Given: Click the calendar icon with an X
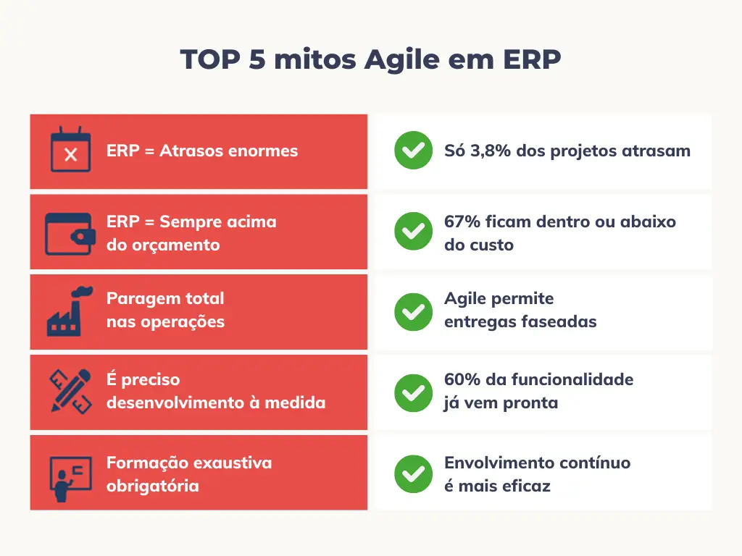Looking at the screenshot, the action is point(70,149).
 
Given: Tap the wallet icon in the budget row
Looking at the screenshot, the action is point(70,234).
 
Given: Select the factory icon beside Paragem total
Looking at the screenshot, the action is point(70,311).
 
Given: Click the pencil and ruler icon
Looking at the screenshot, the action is point(70,392).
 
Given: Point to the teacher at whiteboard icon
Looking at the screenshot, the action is point(70,479).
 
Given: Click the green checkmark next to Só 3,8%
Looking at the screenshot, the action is point(413,151).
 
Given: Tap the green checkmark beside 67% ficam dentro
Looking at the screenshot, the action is point(413,231).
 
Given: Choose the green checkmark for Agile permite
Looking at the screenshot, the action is point(413,312).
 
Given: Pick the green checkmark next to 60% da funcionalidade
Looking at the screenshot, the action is point(413,393).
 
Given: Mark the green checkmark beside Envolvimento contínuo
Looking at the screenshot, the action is point(413,473).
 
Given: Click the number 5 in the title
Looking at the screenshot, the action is point(257,59).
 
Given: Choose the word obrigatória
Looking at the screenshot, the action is point(153,486).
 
